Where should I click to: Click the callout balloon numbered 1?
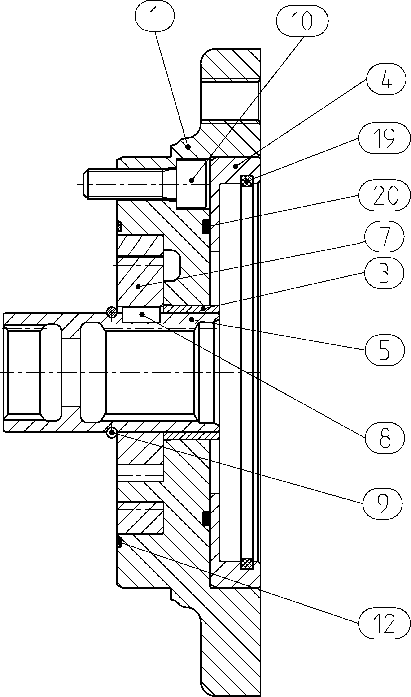(x=155, y=16)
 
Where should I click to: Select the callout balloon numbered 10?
(x=302, y=21)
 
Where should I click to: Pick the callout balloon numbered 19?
(x=384, y=138)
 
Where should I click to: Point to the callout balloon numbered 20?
(x=384, y=195)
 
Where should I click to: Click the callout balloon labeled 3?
(x=384, y=273)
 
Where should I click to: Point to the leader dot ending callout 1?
(x=188, y=147)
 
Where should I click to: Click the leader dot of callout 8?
(x=142, y=314)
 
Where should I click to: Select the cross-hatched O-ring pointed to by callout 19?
(x=247, y=181)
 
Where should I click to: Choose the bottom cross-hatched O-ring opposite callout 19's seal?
(x=247, y=564)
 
